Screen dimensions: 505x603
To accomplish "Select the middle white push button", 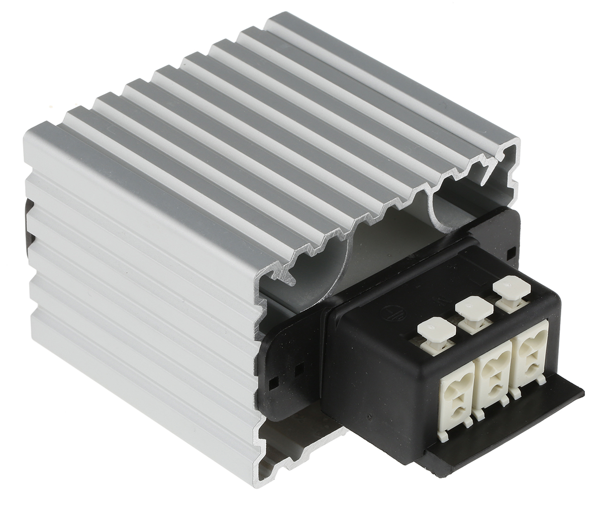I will point(474,308).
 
